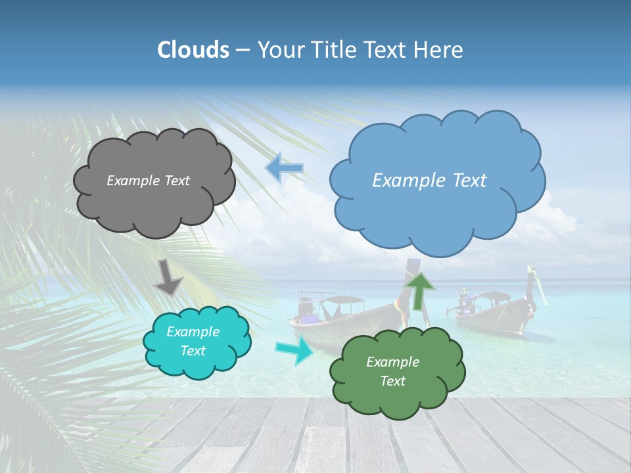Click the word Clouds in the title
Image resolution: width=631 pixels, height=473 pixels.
coord(193,50)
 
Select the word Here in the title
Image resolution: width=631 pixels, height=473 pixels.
coord(439,50)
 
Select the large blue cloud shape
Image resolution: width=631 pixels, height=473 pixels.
coord(437,217)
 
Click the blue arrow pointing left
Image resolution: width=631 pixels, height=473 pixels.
coord(285,168)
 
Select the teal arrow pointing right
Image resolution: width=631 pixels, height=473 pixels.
coord(294,349)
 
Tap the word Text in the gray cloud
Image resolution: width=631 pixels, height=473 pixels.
coord(176,181)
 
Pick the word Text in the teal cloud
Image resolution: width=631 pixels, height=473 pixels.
coord(193,351)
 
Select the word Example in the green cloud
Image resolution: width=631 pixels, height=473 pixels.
coord(392,362)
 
